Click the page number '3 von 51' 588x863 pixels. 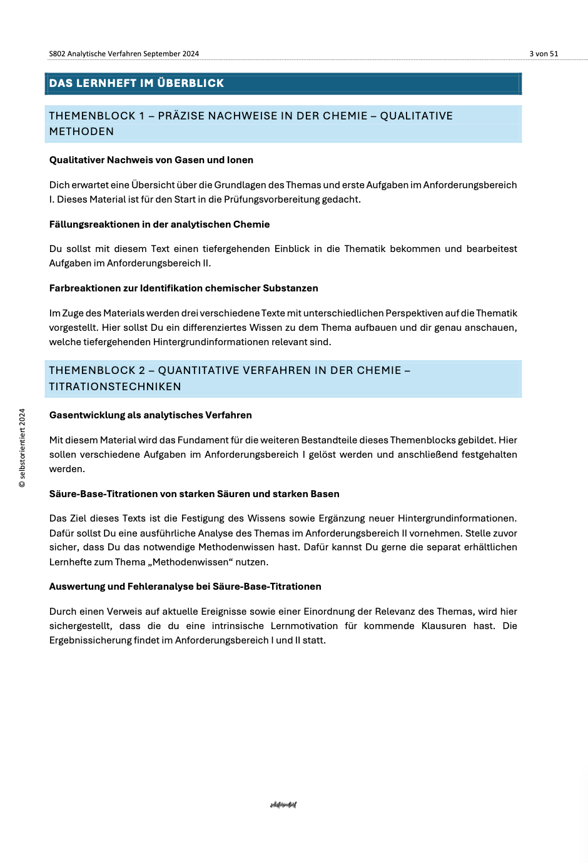tap(544, 54)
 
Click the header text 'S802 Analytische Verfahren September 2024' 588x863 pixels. tap(124, 54)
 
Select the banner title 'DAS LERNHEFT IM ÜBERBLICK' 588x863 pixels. tap(136, 83)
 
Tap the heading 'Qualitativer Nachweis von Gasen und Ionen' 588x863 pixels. tap(151, 160)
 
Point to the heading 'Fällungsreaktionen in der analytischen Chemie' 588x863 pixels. tap(160, 225)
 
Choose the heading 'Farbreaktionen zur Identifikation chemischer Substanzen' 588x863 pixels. tap(184, 288)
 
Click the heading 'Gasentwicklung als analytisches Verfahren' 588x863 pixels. tap(151, 415)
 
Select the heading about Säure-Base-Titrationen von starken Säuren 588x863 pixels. tap(195, 494)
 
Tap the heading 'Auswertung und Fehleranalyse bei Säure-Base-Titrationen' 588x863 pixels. tap(185, 587)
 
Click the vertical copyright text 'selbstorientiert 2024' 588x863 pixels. tap(23, 448)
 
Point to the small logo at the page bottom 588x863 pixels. tap(283, 805)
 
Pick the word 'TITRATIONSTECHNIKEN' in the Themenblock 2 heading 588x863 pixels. tap(115, 386)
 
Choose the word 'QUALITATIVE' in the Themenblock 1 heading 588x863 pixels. tap(417, 116)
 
